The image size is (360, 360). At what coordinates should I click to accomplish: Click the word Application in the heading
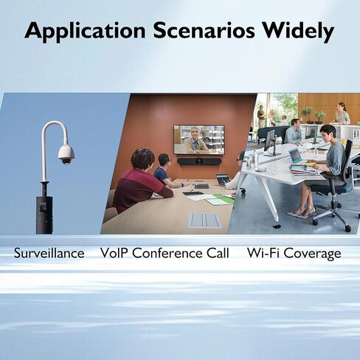(x=85, y=32)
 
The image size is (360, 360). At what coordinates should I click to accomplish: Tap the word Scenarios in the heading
(x=204, y=30)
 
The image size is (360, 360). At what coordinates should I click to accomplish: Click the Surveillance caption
(x=49, y=253)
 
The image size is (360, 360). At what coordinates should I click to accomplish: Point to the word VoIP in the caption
(x=115, y=253)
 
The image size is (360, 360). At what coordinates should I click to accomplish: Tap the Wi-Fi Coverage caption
(x=294, y=254)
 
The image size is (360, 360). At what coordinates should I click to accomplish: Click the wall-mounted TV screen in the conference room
(x=199, y=139)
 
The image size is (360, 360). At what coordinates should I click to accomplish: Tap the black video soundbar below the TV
(x=198, y=162)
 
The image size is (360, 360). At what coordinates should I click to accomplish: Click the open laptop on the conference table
(x=224, y=180)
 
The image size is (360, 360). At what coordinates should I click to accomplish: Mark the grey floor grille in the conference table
(x=204, y=220)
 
